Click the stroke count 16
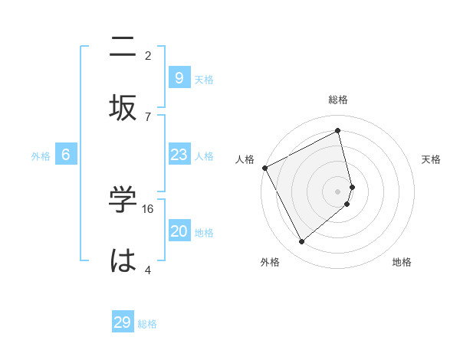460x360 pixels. [149, 209]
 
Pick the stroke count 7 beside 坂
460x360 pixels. [148, 116]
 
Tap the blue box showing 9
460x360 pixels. [179, 77]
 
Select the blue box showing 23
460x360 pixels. [179, 155]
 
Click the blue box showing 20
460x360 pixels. [179, 231]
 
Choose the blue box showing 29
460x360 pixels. [123, 322]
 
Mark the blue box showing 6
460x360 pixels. [66, 155]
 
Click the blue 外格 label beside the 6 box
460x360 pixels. [41, 156]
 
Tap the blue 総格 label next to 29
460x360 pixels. [147, 324]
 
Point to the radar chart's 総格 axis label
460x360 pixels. [338, 100]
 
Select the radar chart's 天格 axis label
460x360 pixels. [432, 159]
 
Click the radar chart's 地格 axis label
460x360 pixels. [402, 262]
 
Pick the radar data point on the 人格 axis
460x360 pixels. [264, 168]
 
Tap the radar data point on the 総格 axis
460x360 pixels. [338, 131]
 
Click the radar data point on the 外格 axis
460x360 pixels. [301, 242]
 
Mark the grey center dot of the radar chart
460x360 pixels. [338, 191]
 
